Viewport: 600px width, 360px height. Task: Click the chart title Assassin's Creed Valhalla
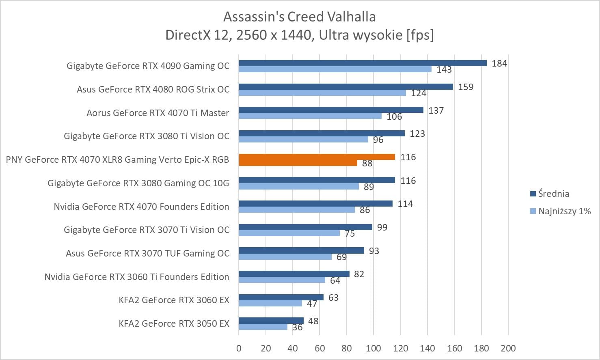click(300, 17)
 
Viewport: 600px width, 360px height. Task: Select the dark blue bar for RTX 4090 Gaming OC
click(363, 63)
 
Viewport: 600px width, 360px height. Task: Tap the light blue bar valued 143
click(335, 69)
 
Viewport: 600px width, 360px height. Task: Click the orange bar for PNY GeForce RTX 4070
click(317, 157)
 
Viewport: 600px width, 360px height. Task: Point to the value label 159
click(466, 87)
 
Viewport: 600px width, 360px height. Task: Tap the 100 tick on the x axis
click(373, 348)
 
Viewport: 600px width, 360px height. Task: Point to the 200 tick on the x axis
click(508, 348)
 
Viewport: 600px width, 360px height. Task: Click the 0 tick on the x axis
click(239, 348)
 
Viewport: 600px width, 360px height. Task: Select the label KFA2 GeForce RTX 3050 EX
click(174, 323)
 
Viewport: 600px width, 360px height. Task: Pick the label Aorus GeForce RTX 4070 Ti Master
click(158, 113)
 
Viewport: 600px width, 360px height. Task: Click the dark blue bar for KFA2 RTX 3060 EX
click(281, 297)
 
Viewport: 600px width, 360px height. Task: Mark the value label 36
click(297, 327)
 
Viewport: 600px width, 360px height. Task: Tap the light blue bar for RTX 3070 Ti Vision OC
click(289, 233)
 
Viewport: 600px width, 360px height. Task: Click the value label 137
click(436, 110)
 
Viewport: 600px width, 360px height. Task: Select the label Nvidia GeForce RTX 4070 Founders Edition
click(141, 207)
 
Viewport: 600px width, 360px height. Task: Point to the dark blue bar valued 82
click(294, 274)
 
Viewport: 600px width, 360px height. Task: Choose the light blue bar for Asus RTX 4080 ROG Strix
click(322, 93)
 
